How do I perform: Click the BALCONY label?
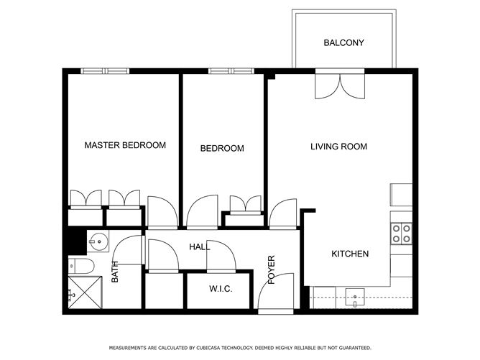click(x=343, y=42)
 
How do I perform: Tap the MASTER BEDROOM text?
click(x=125, y=145)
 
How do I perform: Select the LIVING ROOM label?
click(x=339, y=147)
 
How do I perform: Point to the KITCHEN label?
click(x=350, y=254)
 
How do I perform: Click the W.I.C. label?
click(x=221, y=289)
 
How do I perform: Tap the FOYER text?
click(x=272, y=269)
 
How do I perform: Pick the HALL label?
click(x=200, y=246)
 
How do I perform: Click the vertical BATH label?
click(x=114, y=272)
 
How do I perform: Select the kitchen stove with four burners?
click(x=402, y=234)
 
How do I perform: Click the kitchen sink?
click(x=355, y=297)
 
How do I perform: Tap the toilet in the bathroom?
click(x=80, y=266)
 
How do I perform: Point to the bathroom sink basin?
click(x=98, y=241)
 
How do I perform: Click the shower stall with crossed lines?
click(x=85, y=292)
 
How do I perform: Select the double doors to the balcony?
click(x=340, y=86)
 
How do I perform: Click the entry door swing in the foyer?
click(x=275, y=292)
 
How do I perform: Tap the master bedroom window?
click(x=106, y=71)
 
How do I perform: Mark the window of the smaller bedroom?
click(x=231, y=71)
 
